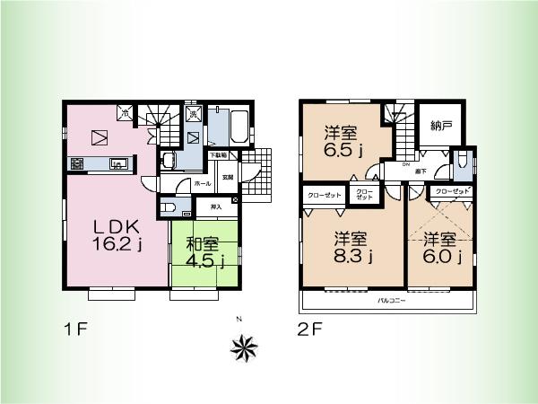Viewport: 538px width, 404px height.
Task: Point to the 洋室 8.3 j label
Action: point(354,248)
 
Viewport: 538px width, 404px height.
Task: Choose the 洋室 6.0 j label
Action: point(442,248)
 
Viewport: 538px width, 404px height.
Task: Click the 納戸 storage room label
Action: point(440,127)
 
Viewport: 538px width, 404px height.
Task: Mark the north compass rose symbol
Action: point(244,346)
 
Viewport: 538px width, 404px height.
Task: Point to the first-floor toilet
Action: point(168,206)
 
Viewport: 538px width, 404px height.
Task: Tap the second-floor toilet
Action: point(460,162)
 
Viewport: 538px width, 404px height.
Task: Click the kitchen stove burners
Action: point(76,164)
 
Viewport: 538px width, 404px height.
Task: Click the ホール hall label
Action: point(203,183)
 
